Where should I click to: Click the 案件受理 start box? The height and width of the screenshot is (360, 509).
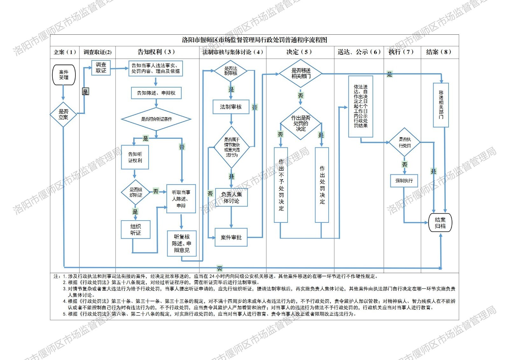tap(64, 75)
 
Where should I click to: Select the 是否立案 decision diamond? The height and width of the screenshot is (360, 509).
tap(63, 115)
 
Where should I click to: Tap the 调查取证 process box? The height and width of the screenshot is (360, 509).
tap(101, 68)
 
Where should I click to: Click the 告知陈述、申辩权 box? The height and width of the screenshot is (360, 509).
tap(156, 93)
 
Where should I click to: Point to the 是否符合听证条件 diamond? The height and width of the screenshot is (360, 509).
tap(156, 119)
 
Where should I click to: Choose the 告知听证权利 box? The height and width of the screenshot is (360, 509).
tap(135, 157)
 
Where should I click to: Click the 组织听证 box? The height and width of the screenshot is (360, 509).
tap(136, 229)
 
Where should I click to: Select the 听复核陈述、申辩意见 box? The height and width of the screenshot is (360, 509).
tap(182, 244)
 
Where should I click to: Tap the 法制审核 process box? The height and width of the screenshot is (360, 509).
tap(231, 107)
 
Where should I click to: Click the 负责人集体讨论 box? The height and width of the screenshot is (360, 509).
tap(231, 197)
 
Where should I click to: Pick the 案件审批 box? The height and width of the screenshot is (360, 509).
tap(231, 237)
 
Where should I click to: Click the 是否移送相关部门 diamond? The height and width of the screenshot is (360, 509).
tap(301, 74)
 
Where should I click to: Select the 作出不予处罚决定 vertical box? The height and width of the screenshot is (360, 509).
tap(281, 185)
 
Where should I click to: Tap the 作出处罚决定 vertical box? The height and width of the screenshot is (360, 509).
tap(322, 185)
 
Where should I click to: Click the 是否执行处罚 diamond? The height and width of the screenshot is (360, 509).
tap(404, 142)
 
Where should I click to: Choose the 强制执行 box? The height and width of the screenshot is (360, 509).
tap(404, 181)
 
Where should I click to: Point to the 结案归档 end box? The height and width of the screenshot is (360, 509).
tap(440, 223)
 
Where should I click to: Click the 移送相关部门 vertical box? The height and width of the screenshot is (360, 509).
tap(441, 105)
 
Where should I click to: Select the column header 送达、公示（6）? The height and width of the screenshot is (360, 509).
tap(359, 52)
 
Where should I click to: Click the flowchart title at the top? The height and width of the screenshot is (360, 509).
tap(254, 40)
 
